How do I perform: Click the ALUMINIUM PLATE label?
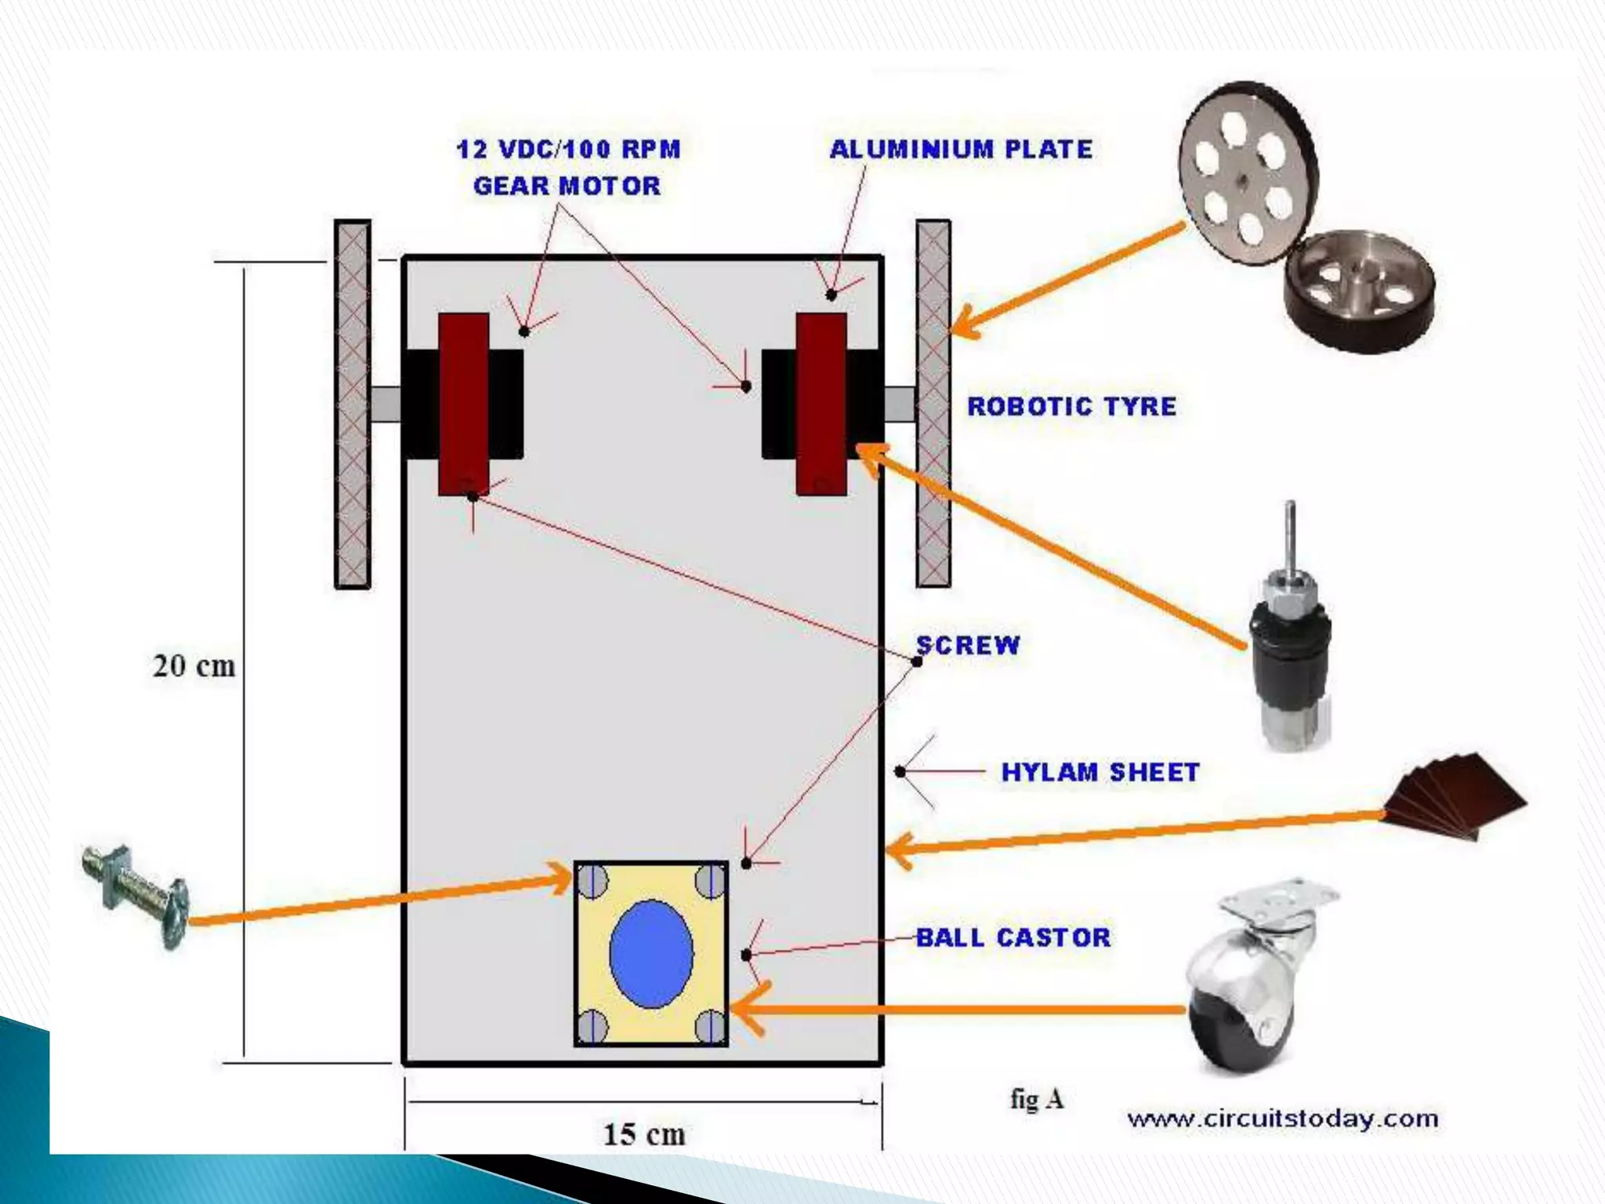[960, 149]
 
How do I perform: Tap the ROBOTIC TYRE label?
[1071, 406]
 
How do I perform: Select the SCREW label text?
[969, 644]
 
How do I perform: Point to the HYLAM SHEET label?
[1100, 772]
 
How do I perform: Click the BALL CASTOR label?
[1013, 937]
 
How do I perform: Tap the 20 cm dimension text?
[194, 666]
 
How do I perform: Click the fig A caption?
[1036, 1099]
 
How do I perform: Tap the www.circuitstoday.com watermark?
[1282, 1119]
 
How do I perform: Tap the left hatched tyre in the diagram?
[353, 404]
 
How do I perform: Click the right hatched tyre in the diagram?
[933, 404]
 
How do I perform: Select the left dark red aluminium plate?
[463, 404]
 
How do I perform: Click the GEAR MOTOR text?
[567, 186]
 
